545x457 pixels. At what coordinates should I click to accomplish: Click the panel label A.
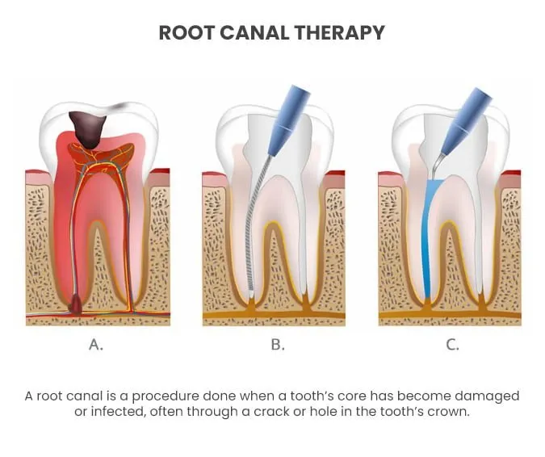96,345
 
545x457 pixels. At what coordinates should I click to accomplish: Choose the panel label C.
452,345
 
